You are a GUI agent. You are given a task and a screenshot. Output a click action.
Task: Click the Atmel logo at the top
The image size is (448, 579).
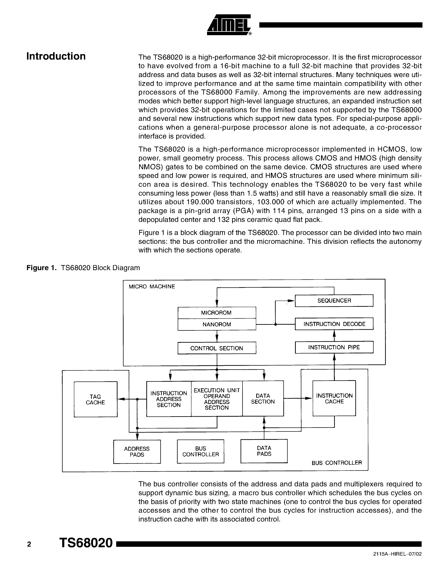[229, 25]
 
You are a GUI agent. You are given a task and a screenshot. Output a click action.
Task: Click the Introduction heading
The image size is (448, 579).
[56, 56]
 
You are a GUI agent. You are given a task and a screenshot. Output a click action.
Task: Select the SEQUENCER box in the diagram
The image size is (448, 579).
[334, 301]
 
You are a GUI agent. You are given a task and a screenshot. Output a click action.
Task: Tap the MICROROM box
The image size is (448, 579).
[217, 313]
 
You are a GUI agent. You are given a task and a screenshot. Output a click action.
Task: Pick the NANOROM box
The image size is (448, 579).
[217, 324]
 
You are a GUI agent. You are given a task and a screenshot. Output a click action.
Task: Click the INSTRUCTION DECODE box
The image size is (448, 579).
[334, 324]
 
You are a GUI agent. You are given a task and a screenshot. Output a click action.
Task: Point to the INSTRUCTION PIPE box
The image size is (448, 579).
[334, 347]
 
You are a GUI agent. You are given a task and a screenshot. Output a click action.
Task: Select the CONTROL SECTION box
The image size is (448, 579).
[217, 348]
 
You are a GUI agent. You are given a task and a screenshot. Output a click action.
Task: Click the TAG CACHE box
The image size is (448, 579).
[95, 400]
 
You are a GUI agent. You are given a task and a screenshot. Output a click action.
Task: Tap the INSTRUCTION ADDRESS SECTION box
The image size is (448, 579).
[169, 399]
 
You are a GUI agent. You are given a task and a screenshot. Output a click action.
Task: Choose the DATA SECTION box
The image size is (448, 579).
[263, 399]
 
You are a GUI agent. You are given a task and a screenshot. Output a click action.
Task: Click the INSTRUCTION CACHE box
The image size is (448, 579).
[334, 399]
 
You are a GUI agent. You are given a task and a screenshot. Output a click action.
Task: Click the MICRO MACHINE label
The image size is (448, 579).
[152, 287]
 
